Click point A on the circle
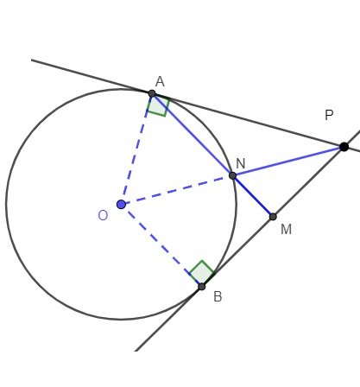click(x=152, y=93)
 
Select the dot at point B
click(x=201, y=286)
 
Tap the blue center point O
click(x=121, y=205)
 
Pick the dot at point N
click(x=232, y=175)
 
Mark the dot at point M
click(x=273, y=216)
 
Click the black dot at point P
click(x=344, y=147)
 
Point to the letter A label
click(x=160, y=81)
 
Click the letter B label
click(x=218, y=297)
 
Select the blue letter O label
click(x=102, y=215)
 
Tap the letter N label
click(x=240, y=163)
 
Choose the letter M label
click(x=286, y=229)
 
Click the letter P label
click(x=329, y=116)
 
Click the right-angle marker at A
click(x=158, y=105)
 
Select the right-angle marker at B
click(x=201, y=272)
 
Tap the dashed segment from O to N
click(x=177, y=190)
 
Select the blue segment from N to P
click(x=287, y=162)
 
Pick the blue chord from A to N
click(x=192, y=134)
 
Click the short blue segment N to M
click(x=253, y=196)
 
